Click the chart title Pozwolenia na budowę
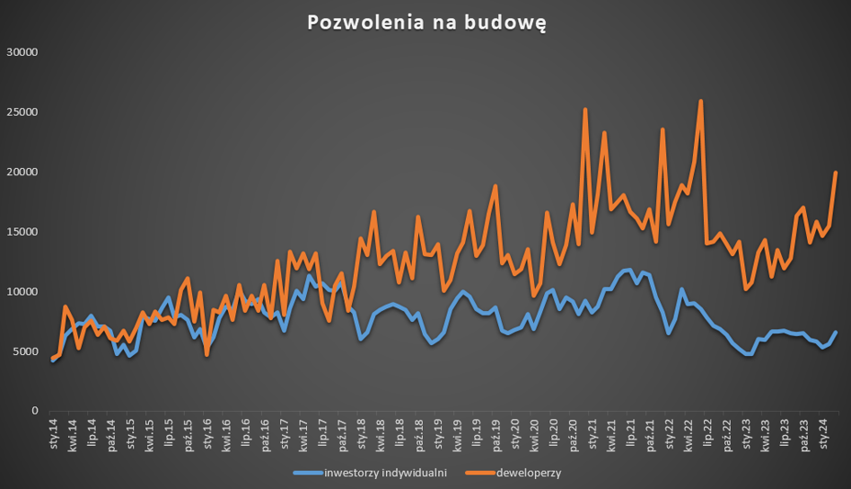(x=425, y=22)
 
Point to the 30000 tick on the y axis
(x=21, y=52)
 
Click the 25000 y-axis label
(x=21, y=112)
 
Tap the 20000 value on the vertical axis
(x=21, y=172)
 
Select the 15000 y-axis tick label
(x=21, y=232)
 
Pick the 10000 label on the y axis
(x=21, y=292)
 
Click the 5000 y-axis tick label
(x=24, y=351)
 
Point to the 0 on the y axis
(x=34, y=411)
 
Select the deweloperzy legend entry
(x=527, y=473)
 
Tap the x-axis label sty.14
(x=54, y=433)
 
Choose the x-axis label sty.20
(x=515, y=433)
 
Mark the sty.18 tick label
(x=361, y=433)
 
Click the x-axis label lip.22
(x=707, y=433)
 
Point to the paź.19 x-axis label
(x=496, y=433)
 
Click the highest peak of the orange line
(x=700, y=101)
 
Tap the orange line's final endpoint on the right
(x=836, y=173)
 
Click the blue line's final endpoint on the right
(x=836, y=332)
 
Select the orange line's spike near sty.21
(x=585, y=110)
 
